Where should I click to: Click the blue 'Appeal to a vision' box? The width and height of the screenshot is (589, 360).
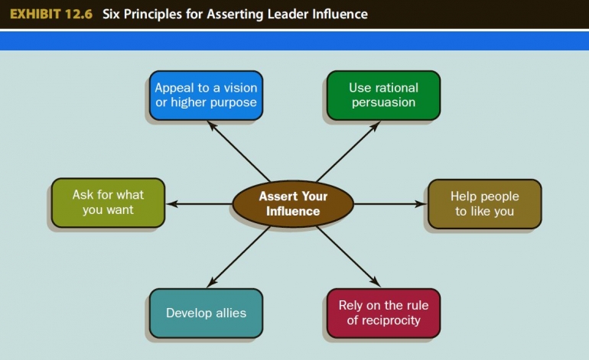pyautogui.click(x=206, y=96)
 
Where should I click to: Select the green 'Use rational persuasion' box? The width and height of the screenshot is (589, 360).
pyautogui.click(x=383, y=96)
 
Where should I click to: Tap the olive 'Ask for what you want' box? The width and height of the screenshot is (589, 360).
pyautogui.click(x=108, y=203)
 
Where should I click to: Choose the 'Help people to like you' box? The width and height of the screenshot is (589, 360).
pyautogui.click(x=484, y=204)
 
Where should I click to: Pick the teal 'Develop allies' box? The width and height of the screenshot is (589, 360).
pyautogui.click(x=206, y=313)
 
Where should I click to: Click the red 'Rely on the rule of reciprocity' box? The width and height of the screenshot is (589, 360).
pyautogui.click(x=383, y=313)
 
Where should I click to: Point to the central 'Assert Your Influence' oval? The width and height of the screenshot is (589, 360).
pyautogui.click(x=293, y=204)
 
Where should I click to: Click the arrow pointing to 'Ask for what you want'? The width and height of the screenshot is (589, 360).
pyautogui.click(x=200, y=204)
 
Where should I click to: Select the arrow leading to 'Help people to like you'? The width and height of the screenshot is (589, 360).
pyautogui.click(x=391, y=204)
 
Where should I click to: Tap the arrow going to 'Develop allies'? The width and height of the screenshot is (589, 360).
pyautogui.click(x=238, y=257)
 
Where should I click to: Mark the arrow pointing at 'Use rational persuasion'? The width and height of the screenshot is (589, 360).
pyautogui.click(x=348, y=151)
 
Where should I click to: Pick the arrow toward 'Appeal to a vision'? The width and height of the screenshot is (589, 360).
pyautogui.click(x=238, y=151)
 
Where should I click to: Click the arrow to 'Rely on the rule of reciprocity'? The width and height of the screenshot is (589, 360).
pyautogui.click(x=348, y=257)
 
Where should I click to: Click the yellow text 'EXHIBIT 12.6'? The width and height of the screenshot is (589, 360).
pyautogui.click(x=51, y=15)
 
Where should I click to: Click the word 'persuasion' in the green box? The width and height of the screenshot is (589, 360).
pyautogui.click(x=383, y=102)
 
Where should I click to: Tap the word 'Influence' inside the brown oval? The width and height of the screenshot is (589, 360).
pyautogui.click(x=293, y=211)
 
